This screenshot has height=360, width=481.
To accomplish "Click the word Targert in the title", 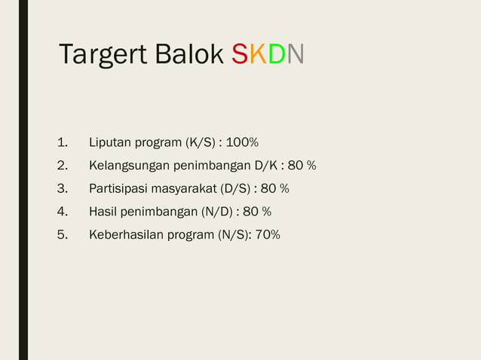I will tap(103, 54).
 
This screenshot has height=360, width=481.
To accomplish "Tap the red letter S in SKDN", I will tap(240, 54).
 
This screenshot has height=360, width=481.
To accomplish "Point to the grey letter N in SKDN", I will tap(296, 54).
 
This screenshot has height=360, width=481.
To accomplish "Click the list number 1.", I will tap(62, 142).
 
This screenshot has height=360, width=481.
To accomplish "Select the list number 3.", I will tap(62, 188).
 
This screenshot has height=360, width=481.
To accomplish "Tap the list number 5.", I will tap(62, 235).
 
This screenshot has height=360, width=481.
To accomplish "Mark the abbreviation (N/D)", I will tap(219, 212).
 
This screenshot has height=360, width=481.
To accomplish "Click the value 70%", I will tap(268, 235).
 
